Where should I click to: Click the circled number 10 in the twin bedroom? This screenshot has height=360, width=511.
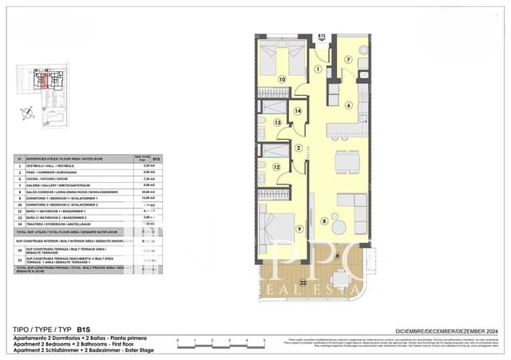(282, 79)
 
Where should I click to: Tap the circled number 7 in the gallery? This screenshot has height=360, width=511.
(348, 60)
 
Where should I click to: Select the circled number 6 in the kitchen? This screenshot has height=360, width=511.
(348, 105)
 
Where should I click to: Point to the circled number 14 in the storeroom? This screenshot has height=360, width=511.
(298, 112)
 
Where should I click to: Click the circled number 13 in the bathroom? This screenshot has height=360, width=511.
(278, 123)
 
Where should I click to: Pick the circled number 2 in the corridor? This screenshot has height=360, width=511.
(298, 148)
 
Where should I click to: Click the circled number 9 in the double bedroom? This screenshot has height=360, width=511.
(299, 230)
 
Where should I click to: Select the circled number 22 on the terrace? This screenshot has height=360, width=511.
(303, 283)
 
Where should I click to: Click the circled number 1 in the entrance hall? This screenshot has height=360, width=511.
(317, 69)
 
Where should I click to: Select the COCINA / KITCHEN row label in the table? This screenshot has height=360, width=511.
(60, 179)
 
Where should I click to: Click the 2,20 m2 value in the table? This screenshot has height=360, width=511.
(148, 166)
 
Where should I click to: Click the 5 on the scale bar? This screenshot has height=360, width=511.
(265, 341)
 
